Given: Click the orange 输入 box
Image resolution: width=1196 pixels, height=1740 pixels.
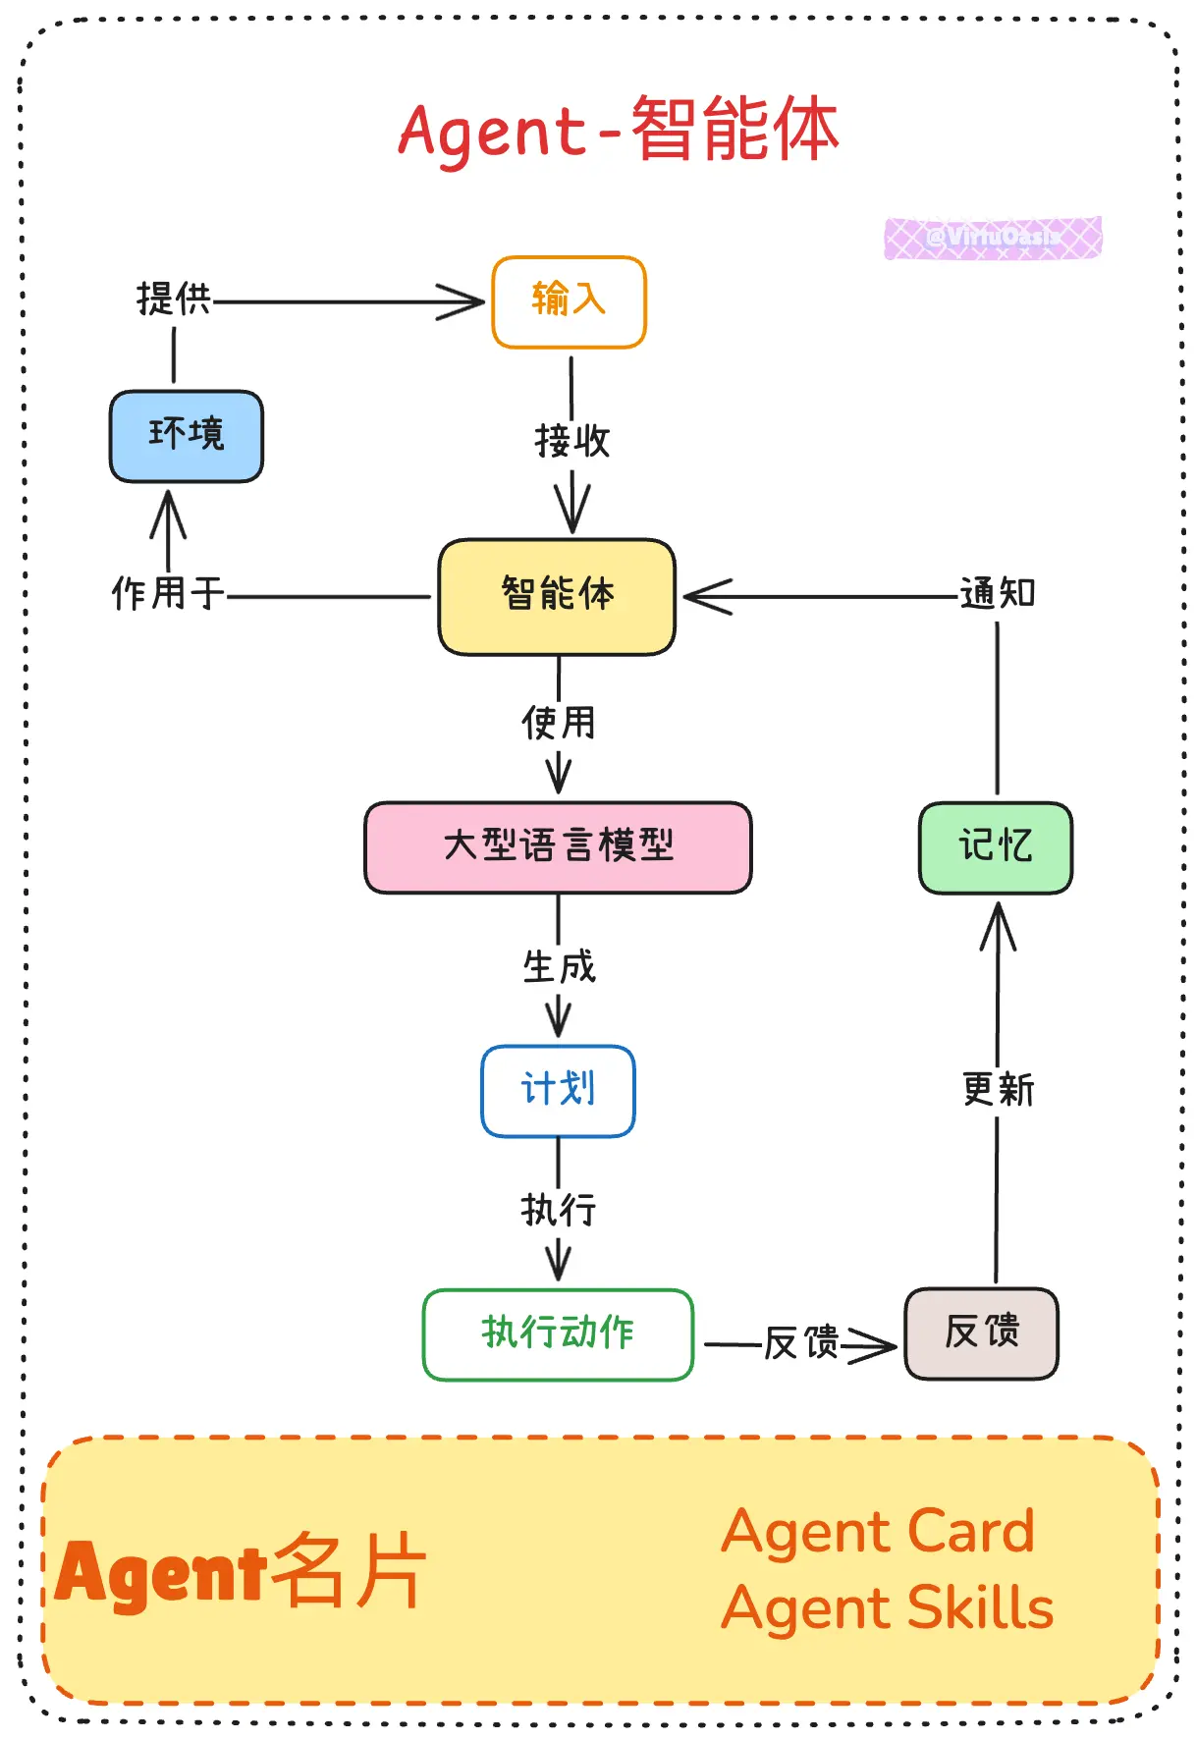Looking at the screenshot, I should point(569,301).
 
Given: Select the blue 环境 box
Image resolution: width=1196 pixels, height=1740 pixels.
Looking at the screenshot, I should point(187,436).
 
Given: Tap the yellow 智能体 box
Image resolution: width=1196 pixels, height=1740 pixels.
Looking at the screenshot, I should point(557,596).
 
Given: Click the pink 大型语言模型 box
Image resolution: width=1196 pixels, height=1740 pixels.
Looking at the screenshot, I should point(558,846).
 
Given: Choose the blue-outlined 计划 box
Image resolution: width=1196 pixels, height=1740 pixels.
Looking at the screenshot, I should point(558,1090).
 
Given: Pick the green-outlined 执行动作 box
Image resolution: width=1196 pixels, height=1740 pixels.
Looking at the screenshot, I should point(558,1333).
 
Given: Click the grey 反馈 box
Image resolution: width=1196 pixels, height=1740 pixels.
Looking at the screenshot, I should point(981,1333).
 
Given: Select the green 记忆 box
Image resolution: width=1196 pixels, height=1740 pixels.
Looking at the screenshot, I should point(996,846).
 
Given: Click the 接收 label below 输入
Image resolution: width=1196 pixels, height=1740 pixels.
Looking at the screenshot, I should point(572,442).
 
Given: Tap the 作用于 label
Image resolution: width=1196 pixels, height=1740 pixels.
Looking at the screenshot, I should point(168,594).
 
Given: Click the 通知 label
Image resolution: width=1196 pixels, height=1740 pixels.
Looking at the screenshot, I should point(998,594).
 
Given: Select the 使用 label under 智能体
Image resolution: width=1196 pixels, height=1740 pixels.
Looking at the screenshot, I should point(559,724).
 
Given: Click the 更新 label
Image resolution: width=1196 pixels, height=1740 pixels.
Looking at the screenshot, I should point(998,1090).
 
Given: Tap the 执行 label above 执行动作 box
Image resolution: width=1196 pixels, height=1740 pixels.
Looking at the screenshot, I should point(559,1211).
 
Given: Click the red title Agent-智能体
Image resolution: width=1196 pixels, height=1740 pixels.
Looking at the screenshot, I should point(619,131).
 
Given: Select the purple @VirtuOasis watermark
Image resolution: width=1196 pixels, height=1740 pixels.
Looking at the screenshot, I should point(993,238).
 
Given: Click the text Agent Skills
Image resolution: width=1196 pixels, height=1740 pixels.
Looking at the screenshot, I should point(887,1608).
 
